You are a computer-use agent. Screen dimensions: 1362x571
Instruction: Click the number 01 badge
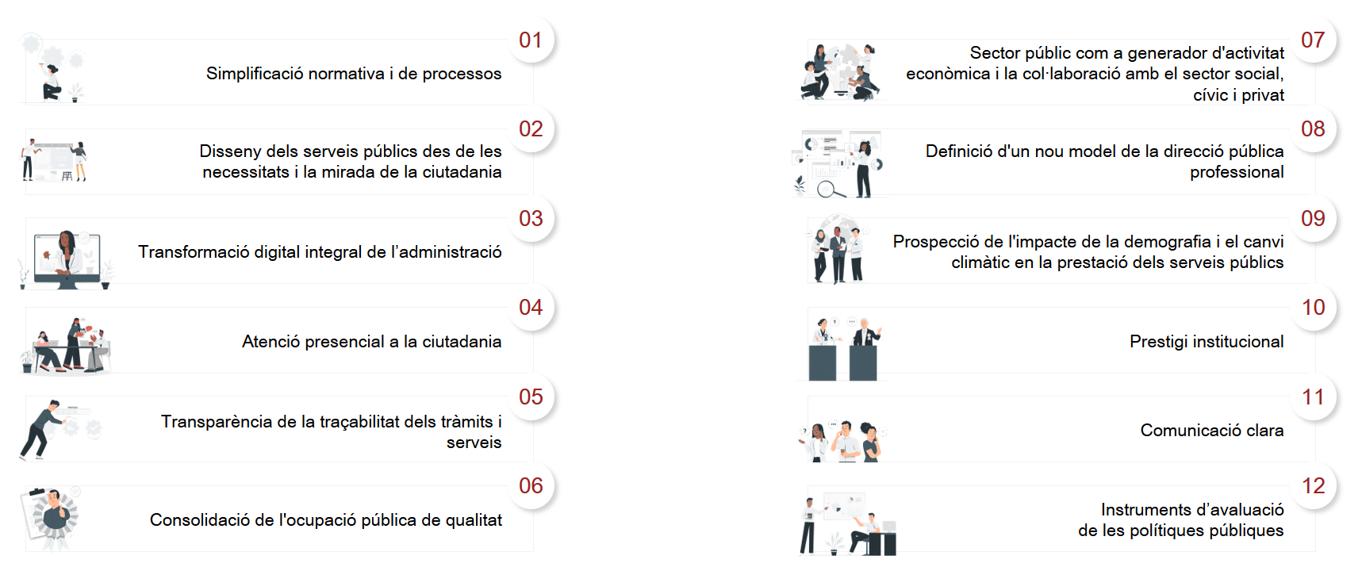point(531,40)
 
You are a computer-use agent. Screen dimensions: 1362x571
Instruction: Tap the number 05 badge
point(531,397)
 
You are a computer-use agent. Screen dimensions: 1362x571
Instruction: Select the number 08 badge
point(1313,129)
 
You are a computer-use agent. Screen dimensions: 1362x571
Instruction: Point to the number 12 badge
point(1313,486)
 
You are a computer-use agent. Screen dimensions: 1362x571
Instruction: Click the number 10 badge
point(1313,308)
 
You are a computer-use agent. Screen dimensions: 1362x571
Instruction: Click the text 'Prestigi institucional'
point(1207,342)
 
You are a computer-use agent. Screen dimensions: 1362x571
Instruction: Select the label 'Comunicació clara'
point(1212,431)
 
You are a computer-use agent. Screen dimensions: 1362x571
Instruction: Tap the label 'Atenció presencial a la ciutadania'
point(371,342)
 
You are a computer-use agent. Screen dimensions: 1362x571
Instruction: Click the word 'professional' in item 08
point(1237,172)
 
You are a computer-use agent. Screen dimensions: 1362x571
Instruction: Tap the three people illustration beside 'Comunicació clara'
point(842,441)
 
